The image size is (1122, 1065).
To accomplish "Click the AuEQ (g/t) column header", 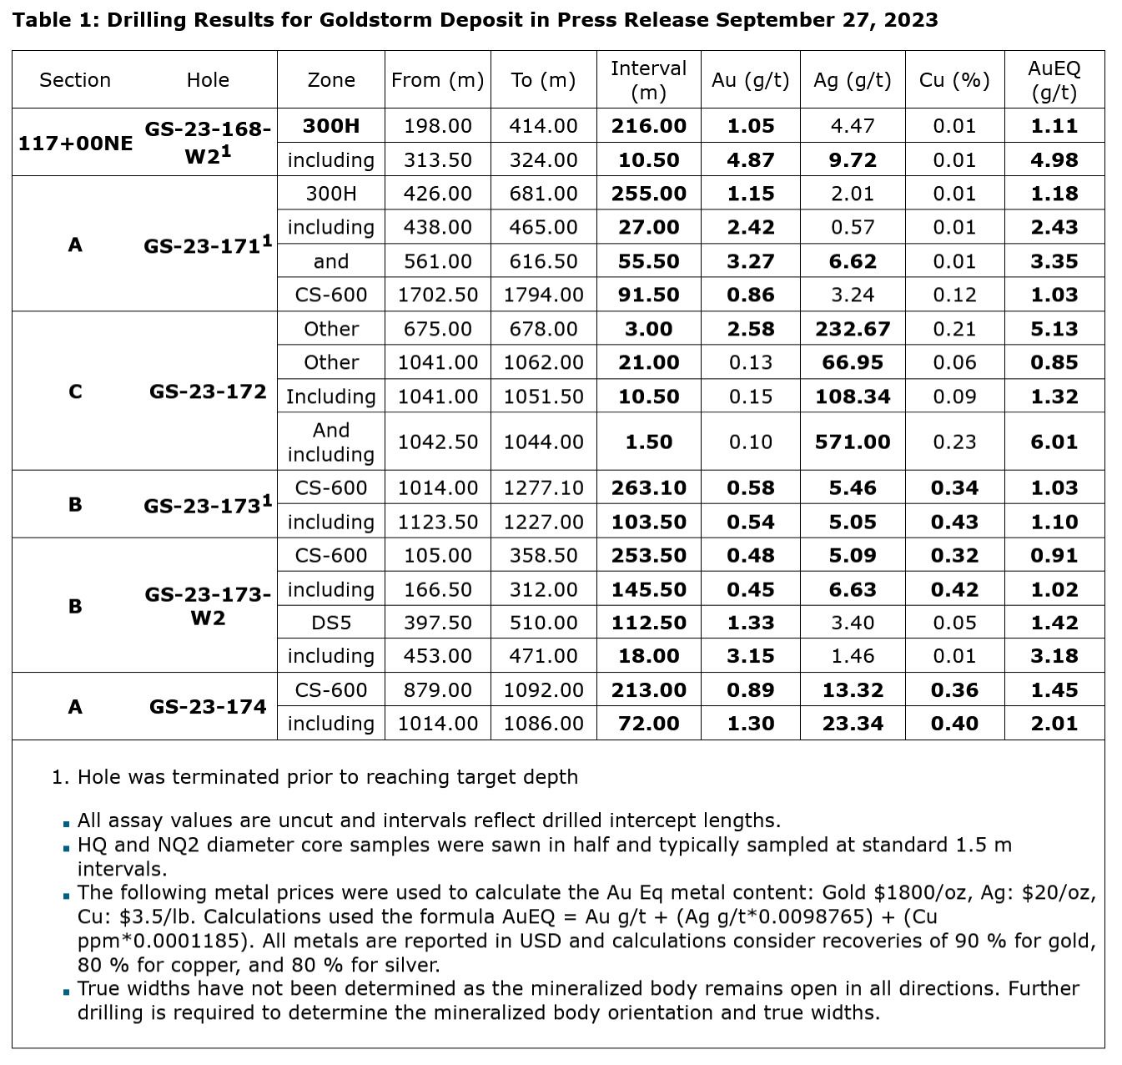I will coord(1054,80).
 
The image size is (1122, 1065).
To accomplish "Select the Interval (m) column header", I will coord(648,80).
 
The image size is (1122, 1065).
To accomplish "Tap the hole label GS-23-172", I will coord(208,391).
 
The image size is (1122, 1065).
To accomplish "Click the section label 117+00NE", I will coord(75,143).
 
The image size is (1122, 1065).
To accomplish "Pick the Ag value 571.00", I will coord(852,442).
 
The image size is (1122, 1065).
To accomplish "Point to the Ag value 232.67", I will coord(852,329).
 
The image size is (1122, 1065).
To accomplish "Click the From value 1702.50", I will coord(438,295).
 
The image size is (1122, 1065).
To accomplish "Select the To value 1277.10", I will coord(543,487).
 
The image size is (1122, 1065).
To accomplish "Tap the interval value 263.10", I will coord(648,487).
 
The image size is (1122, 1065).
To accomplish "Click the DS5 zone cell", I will coord(331,623).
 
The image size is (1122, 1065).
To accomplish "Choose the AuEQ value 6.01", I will coord(1054,442).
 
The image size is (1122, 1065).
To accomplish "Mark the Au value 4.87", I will coord(750,159).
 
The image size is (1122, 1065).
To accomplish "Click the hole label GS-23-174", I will coord(208,707).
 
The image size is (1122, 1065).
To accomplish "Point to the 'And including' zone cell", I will coord(331,442).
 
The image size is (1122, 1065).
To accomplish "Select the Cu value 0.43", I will coord(953,522).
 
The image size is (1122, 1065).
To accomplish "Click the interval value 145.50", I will coord(648,589).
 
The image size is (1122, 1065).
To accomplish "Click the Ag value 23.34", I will coord(852,724).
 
